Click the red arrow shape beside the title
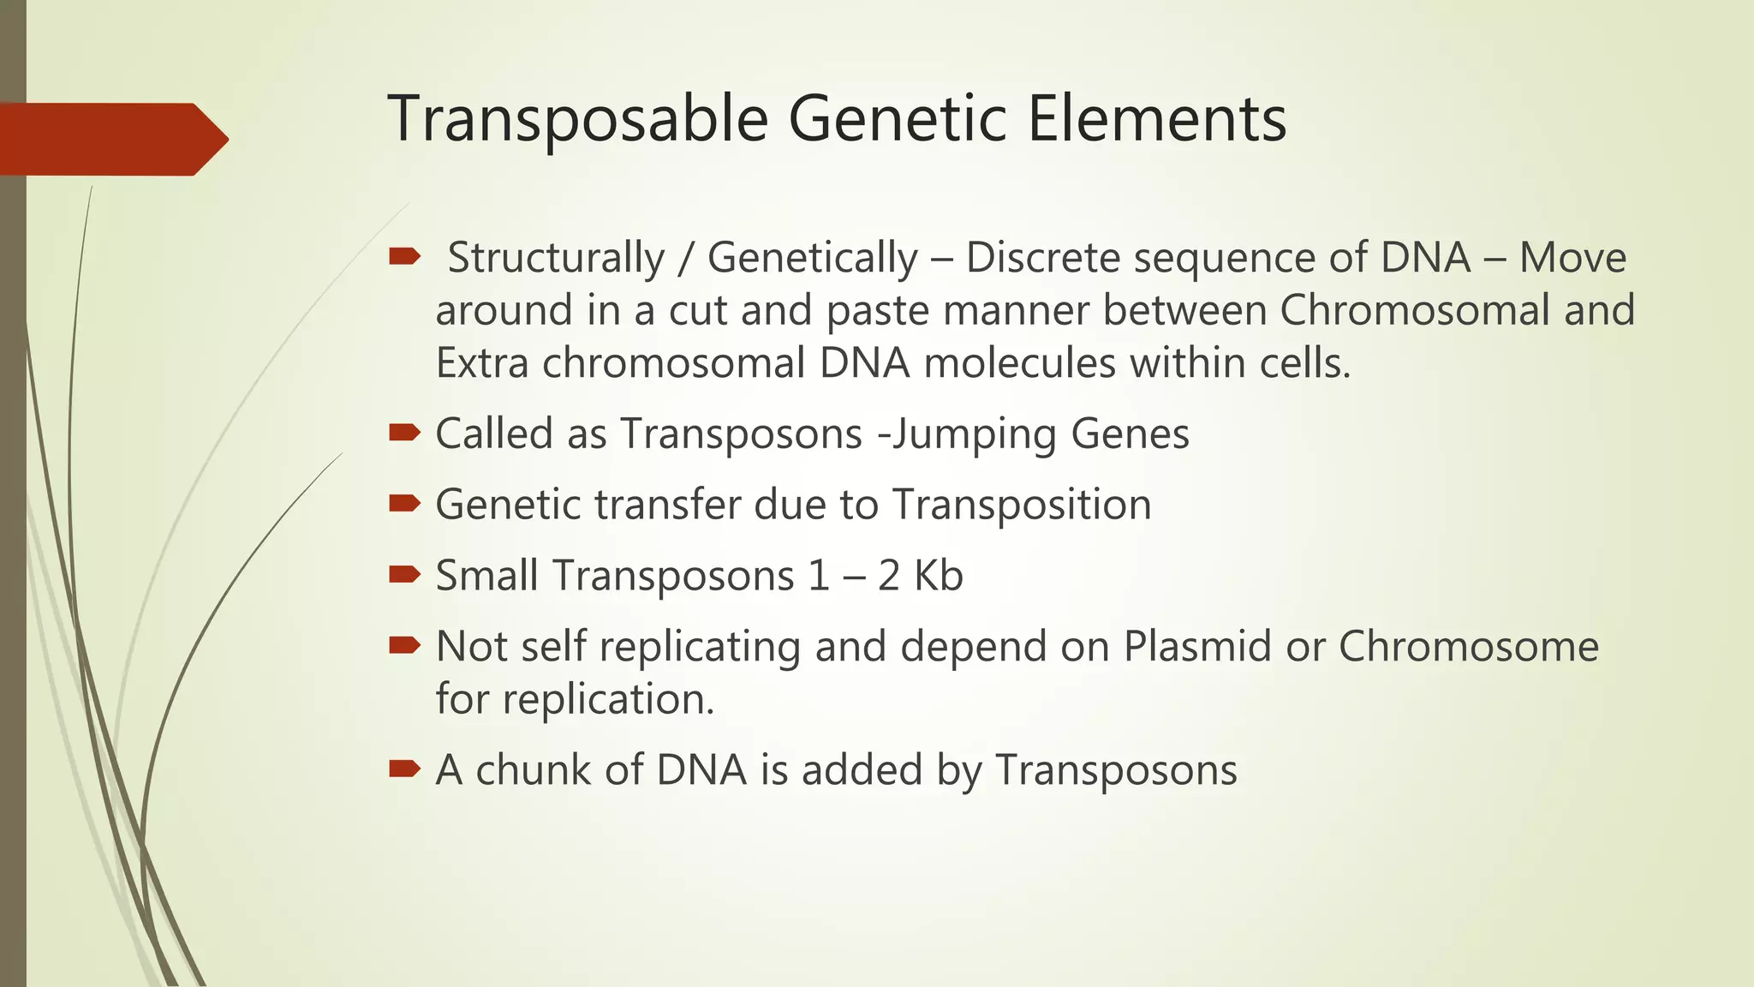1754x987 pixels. coord(111,139)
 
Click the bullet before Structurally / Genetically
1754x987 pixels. coord(403,255)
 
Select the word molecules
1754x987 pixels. coord(1019,362)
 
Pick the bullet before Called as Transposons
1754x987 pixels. coord(403,432)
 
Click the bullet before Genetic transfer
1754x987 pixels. coord(403,503)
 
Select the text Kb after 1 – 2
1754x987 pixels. coord(938,575)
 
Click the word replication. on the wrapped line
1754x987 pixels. coord(608,699)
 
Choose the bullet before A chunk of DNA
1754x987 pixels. coord(403,768)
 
